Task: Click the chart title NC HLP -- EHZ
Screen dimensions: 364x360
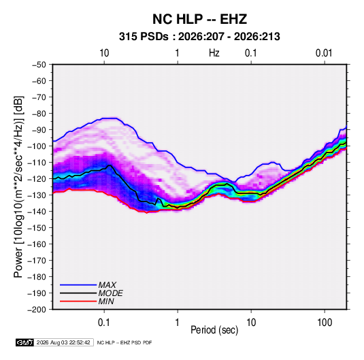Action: tap(199, 19)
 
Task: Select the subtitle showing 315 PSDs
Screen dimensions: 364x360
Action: tap(199, 37)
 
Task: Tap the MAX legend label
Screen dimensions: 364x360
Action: tap(107, 284)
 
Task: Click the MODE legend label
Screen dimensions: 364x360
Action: tap(110, 293)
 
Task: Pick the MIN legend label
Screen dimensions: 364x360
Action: tap(106, 301)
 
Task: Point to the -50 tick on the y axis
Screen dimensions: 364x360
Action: tap(39, 65)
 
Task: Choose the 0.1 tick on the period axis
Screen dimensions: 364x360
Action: tap(104, 323)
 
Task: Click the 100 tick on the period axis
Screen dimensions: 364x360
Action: tap(325, 323)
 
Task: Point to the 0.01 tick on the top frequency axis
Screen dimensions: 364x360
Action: tap(324, 53)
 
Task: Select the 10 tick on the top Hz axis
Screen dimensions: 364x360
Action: tap(104, 53)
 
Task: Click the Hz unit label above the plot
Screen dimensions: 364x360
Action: tap(214, 53)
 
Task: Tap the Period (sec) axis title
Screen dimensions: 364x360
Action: tap(214, 330)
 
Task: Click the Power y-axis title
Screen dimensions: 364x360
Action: tap(18, 187)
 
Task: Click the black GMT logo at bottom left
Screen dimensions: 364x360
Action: tap(24, 342)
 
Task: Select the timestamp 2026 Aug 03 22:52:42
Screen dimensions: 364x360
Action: tap(63, 342)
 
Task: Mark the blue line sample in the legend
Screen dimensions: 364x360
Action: tap(78, 284)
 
